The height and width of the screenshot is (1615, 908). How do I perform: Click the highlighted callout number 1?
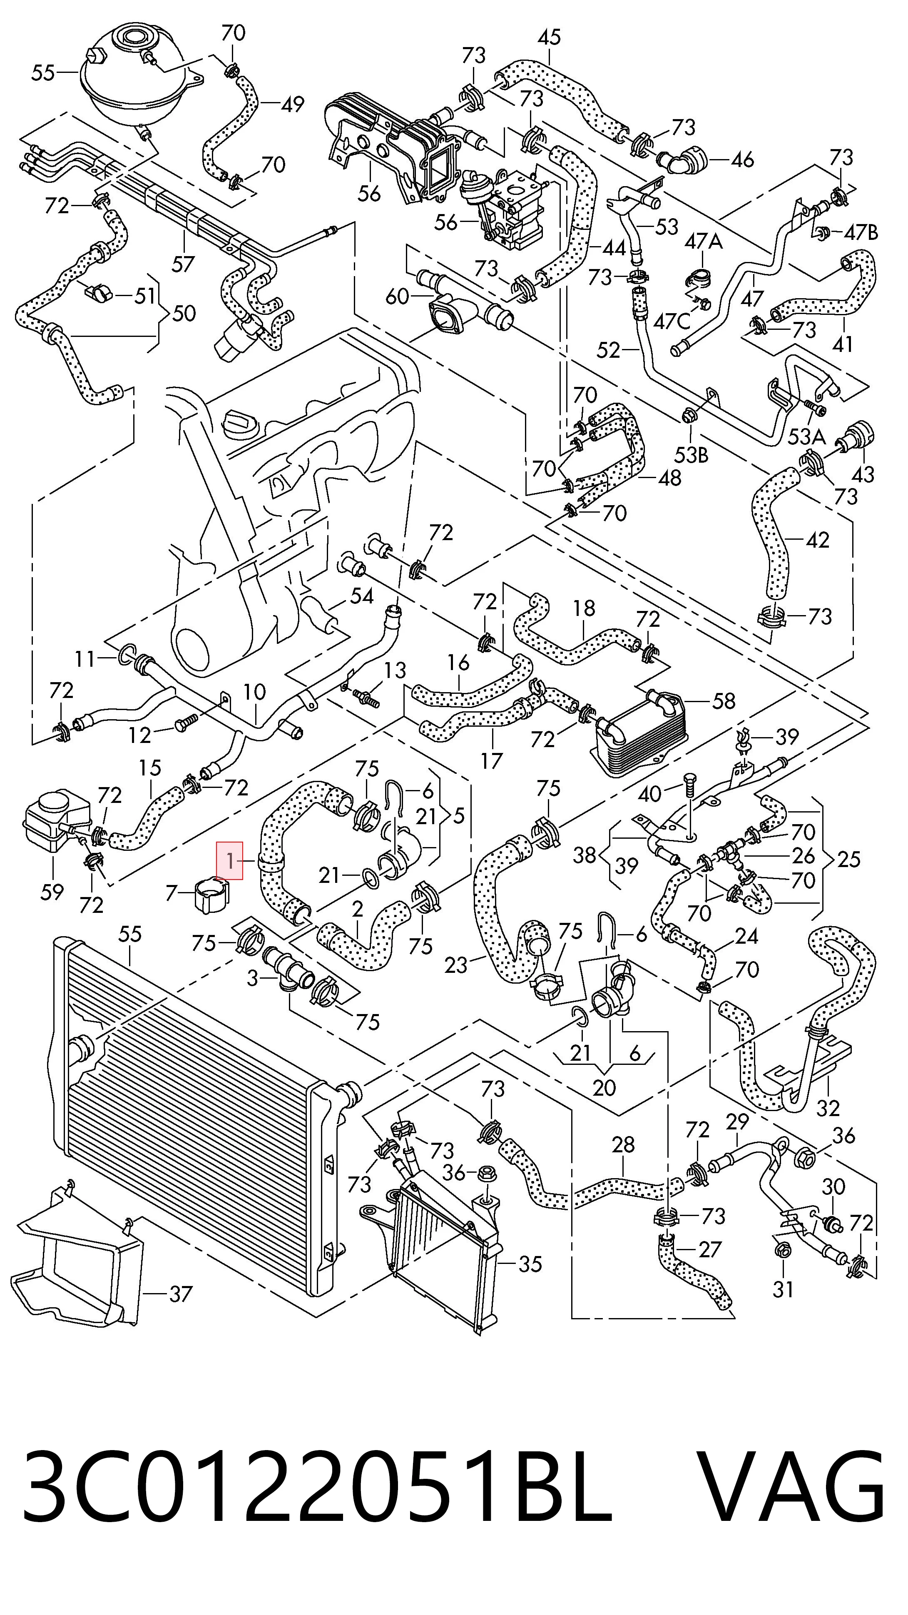229,861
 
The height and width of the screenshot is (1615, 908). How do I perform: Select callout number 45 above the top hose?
549,37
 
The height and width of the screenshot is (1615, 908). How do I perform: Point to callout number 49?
292,104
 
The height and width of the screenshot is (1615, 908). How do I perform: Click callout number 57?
183,264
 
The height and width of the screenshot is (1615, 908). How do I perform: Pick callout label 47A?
703,242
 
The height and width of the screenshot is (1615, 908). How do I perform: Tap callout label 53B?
691,455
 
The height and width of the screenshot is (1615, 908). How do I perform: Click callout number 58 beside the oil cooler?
723,700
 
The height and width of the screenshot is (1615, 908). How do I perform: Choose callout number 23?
456,965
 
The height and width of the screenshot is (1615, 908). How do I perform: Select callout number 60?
397,296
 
